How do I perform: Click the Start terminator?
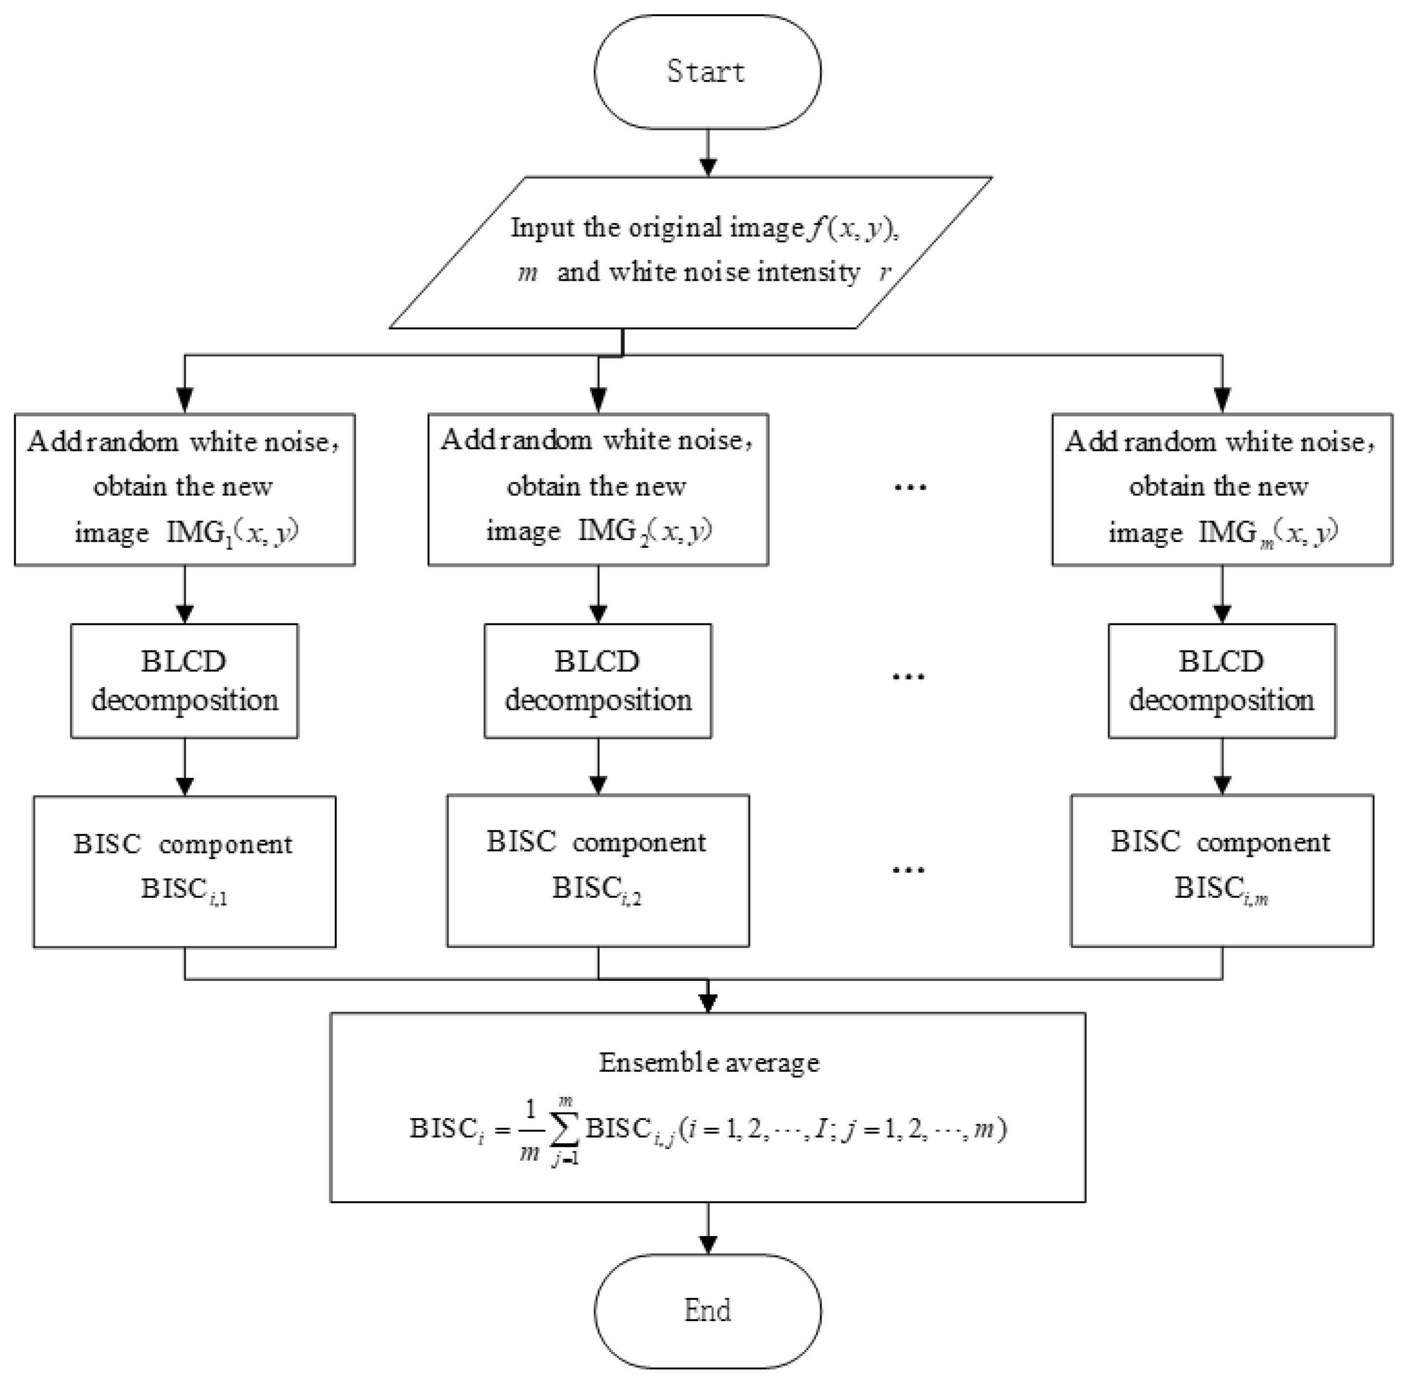tap(707, 72)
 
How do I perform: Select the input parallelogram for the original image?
tap(690, 252)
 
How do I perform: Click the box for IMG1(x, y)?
tap(184, 489)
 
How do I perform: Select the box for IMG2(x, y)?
tap(598, 489)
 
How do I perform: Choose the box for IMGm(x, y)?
tap(1221, 489)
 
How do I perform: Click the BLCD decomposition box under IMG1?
tap(184, 680)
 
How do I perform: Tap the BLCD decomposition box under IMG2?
tap(598, 680)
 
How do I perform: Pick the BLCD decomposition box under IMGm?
tap(1221, 680)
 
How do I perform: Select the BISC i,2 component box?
tap(598, 870)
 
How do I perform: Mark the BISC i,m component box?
tap(1221, 870)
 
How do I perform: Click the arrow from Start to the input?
tap(707, 152)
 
